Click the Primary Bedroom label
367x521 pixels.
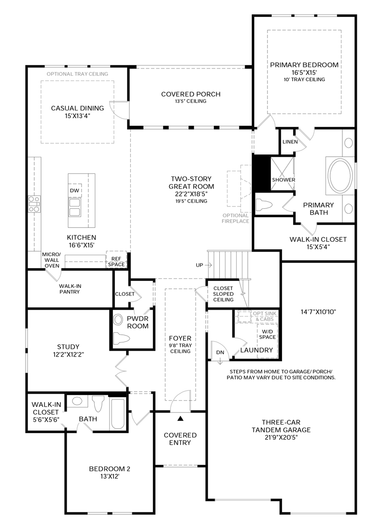304,65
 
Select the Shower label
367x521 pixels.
283,180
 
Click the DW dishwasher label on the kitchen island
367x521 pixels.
74,191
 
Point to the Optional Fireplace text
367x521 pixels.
236,218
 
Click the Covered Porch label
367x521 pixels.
191,94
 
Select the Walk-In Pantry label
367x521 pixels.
70,289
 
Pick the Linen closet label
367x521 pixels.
290,142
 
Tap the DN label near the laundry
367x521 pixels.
220,352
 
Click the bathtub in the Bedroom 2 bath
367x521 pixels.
118,414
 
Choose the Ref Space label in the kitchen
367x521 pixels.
116,261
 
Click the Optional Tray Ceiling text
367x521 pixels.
77,74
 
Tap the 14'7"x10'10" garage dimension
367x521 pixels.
318,312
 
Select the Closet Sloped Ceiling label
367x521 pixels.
223,294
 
